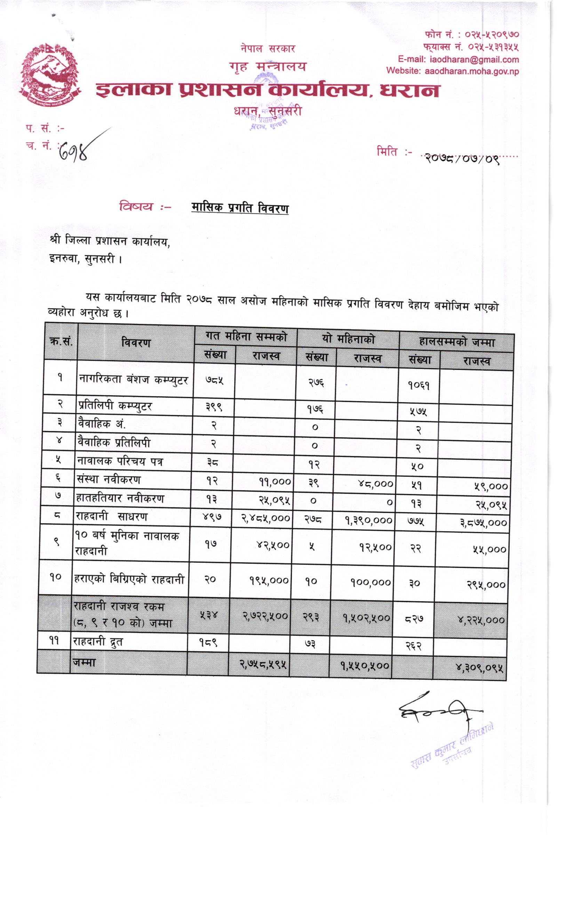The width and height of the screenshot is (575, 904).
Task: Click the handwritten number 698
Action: click(75, 152)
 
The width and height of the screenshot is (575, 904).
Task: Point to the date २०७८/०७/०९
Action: click(462, 158)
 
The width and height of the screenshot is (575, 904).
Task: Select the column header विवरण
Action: click(136, 342)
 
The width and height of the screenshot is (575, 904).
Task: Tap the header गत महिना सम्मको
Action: click(246, 337)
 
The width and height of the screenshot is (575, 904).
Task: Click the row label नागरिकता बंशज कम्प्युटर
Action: click(134, 379)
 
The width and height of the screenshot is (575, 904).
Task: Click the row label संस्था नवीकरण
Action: click(109, 479)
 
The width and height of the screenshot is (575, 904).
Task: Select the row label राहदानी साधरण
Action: click(111, 517)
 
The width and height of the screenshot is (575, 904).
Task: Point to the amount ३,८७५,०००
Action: click(484, 522)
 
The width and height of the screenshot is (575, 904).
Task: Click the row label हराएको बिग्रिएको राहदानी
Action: click(129, 579)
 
